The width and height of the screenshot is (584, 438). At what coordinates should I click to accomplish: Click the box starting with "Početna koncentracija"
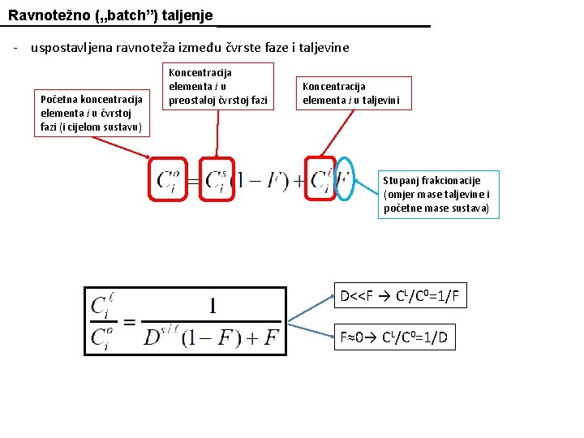point(92,113)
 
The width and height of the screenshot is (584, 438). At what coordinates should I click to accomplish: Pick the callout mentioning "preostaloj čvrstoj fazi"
point(217,87)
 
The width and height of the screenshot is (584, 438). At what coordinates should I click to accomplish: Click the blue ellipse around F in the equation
point(345,178)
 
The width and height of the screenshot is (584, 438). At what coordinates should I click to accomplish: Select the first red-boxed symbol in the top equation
point(168,178)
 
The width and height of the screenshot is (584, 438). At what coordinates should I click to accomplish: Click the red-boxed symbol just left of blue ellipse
point(321,178)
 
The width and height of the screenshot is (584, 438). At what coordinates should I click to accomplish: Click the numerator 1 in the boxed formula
point(213,305)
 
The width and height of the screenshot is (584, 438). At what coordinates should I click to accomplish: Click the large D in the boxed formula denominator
point(152,336)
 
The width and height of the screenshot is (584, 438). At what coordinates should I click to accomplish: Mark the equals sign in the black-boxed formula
point(128,320)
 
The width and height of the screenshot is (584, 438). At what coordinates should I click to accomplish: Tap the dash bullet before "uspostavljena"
point(15,47)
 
